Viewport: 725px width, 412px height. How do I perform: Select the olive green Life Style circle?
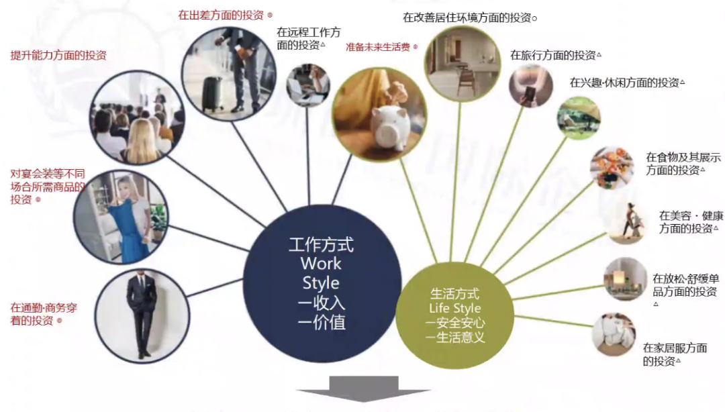454,315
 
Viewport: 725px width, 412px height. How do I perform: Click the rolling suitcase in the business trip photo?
213,93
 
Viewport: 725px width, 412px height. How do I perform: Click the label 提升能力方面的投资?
58,56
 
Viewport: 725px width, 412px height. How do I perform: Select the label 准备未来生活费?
379,47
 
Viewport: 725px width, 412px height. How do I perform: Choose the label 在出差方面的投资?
222,14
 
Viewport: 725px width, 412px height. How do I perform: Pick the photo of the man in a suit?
142,315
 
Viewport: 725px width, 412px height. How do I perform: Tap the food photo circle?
612,167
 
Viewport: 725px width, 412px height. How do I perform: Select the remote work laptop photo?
308,85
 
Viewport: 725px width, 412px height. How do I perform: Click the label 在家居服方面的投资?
675,354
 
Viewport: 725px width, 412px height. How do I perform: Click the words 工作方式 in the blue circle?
321,245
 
